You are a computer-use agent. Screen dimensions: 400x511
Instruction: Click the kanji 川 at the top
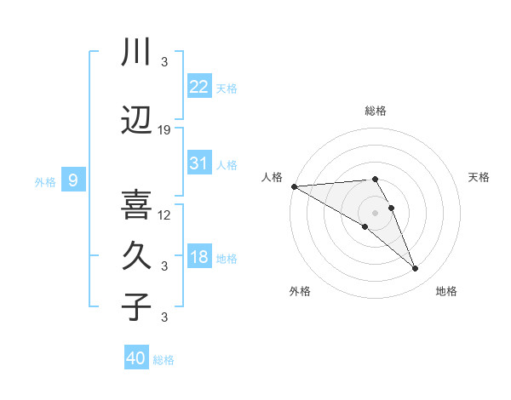(136, 52)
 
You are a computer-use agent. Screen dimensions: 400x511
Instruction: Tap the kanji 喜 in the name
(136, 204)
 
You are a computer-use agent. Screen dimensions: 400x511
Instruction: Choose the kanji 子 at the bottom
(136, 306)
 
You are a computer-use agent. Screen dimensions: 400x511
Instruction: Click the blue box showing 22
(199, 86)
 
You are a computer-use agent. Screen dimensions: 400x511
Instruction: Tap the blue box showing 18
(199, 257)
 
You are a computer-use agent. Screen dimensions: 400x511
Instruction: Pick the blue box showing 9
(73, 180)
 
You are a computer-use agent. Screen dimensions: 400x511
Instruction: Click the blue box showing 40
(136, 358)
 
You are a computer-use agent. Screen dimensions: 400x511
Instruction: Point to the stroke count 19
(164, 130)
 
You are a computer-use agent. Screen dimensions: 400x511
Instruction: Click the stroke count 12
(164, 214)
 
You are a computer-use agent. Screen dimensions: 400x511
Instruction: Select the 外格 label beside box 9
(45, 181)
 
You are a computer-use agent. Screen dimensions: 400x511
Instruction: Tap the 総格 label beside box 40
(164, 360)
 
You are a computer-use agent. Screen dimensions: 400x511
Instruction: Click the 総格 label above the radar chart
(375, 111)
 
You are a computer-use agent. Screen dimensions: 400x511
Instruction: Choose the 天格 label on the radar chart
(479, 177)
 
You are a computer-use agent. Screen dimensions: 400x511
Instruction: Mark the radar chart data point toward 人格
(294, 186)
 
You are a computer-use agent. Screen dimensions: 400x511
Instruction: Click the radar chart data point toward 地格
(416, 269)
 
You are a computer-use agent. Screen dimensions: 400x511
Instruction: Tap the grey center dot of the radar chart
(375, 213)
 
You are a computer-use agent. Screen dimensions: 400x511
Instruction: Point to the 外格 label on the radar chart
(300, 291)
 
